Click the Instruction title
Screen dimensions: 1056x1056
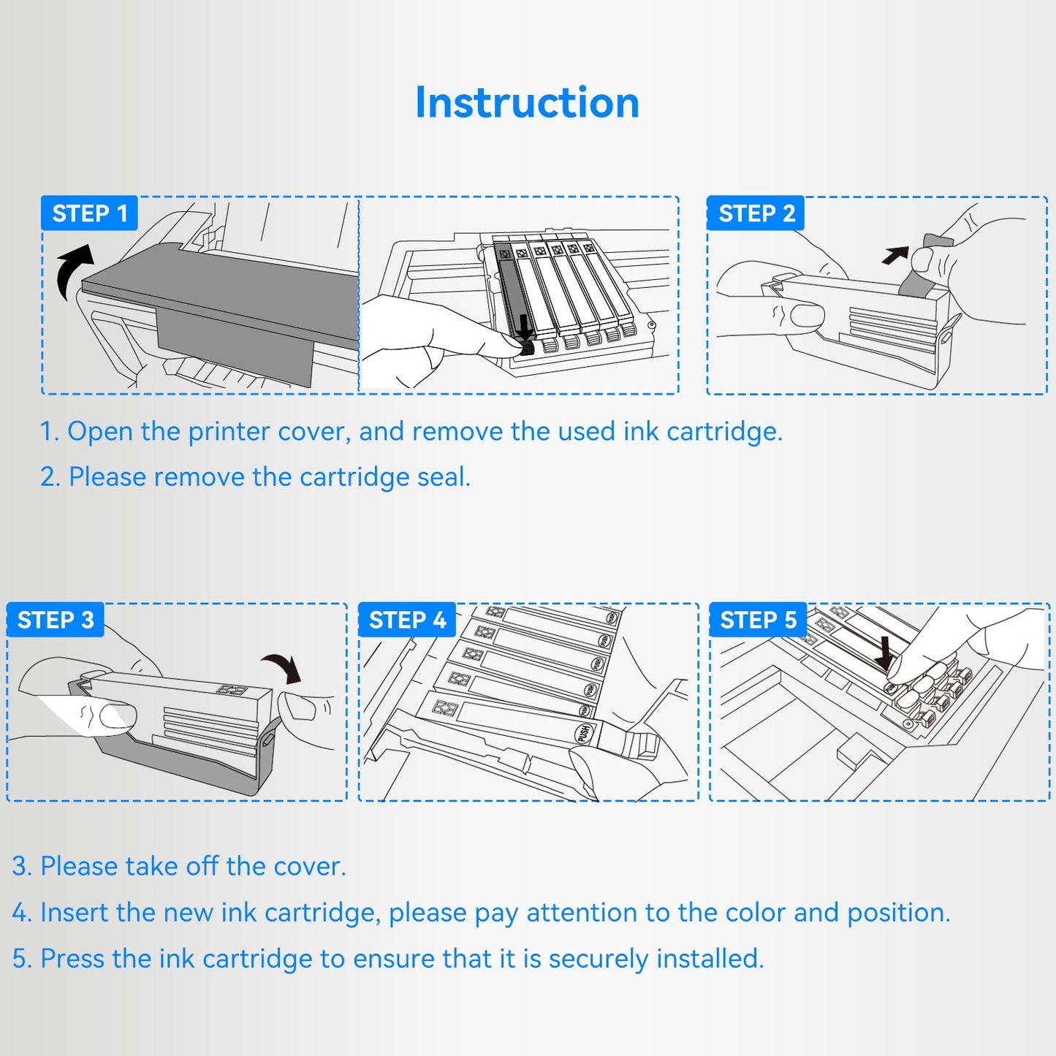(x=527, y=102)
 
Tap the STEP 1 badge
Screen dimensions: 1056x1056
(x=89, y=213)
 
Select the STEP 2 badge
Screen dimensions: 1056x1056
(x=756, y=213)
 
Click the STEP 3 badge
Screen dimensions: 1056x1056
(x=56, y=620)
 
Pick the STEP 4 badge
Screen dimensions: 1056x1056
(x=407, y=620)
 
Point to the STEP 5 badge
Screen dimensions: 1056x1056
(x=758, y=620)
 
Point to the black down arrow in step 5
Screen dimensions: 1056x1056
(x=884, y=653)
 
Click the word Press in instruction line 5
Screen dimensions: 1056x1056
(x=72, y=959)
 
